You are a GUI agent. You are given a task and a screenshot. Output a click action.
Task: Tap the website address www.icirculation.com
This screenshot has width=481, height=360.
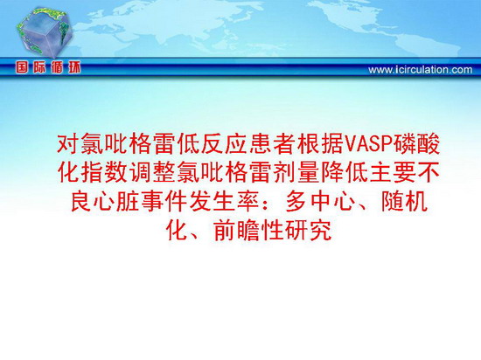[x=421, y=70]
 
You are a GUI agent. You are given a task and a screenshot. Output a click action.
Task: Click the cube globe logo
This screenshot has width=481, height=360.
[x=45, y=32]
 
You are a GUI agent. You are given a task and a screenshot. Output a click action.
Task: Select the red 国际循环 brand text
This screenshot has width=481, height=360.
[x=48, y=67]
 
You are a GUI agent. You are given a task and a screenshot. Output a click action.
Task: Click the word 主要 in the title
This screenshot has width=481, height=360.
[x=392, y=172]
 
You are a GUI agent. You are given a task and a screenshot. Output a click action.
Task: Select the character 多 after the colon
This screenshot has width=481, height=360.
[x=296, y=201]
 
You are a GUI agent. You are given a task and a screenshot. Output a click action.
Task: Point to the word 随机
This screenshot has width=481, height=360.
[x=404, y=201]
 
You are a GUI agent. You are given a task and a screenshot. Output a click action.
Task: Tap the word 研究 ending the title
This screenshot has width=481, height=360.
[x=308, y=230]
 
